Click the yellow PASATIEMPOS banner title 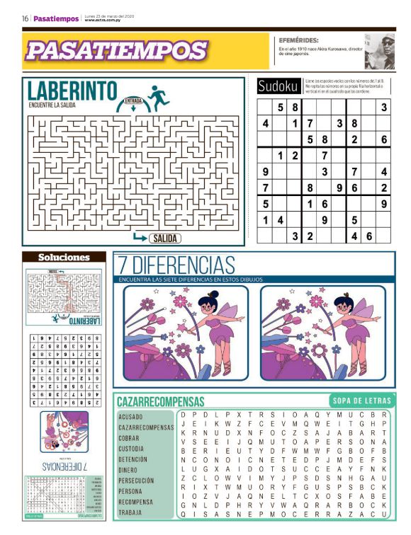pos(116,50)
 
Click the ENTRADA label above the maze pos(133,101)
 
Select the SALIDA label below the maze pos(164,238)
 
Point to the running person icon pos(158,94)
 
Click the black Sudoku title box pos(278,86)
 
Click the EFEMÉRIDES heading pos(298,40)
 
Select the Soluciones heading pos(64,258)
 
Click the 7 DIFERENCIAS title pos(176,266)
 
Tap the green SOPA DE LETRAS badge pos(360,400)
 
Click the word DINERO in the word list pos(128,469)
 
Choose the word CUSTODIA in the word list pos(132,449)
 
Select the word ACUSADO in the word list pos(130,417)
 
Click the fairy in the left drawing pos(210,324)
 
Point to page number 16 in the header pos(25,18)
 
